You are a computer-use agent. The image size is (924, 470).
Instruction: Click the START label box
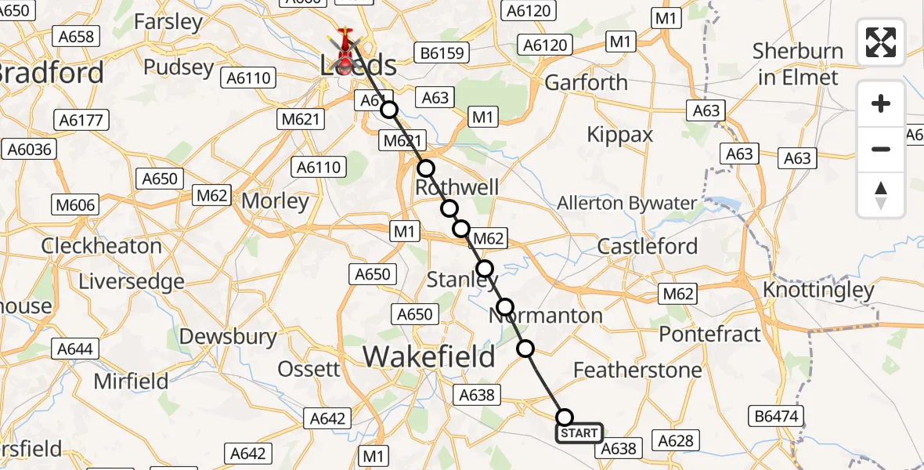tap(579, 433)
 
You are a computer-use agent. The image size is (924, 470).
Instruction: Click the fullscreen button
tap(881, 42)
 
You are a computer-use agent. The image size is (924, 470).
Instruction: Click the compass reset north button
tap(881, 195)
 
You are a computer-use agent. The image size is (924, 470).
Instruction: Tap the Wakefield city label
tap(429, 357)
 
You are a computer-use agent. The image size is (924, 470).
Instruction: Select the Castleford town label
tap(648, 246)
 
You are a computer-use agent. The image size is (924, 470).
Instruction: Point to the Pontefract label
tap(709, 334)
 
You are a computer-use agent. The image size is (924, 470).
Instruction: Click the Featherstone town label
tap(637, 370)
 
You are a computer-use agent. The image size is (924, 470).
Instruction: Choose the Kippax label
tap(620, 135)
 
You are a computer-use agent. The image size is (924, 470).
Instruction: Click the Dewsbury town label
tap(228, 337)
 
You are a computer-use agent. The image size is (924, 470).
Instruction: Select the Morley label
tap(275, 201)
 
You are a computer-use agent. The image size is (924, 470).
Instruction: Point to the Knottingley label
tap(818, 291)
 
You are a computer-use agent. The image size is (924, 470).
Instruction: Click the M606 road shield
tap(76, 205)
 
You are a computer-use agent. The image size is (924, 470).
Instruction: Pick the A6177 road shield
tap(82, 120)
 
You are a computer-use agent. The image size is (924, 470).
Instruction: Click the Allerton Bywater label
tap(626, 204)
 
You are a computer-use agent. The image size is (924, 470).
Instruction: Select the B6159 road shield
tap(442, 54)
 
